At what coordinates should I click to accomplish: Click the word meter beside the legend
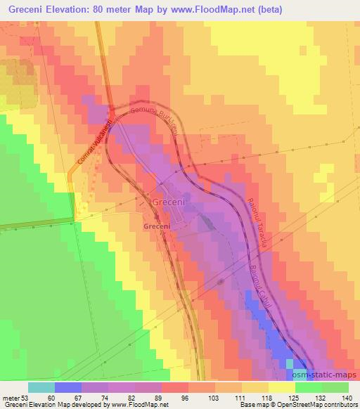(x=10, y=398)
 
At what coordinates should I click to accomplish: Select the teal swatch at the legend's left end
(x=41, y=387)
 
